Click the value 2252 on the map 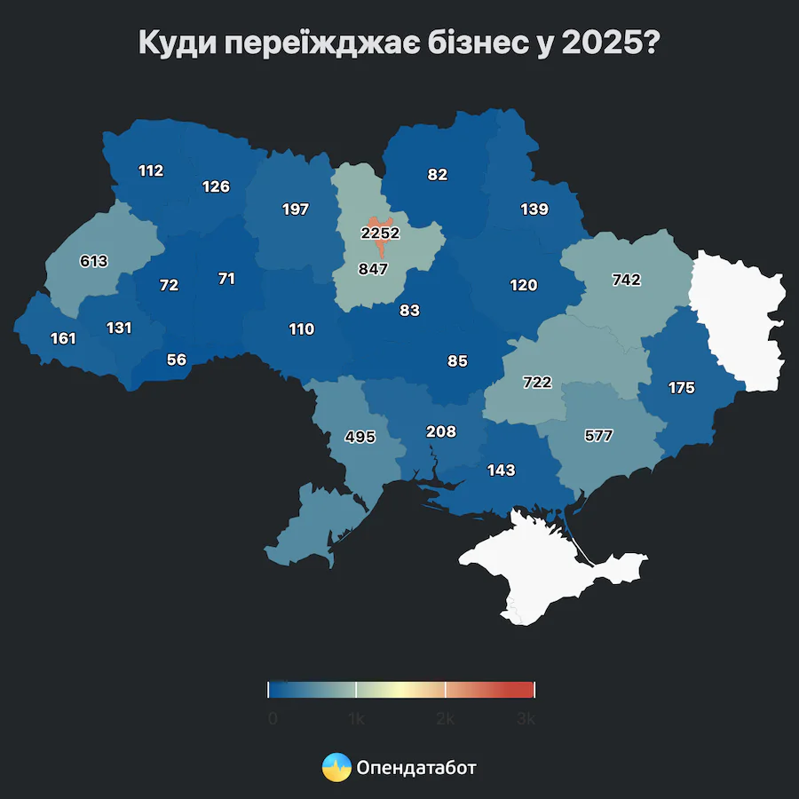coord(380,233)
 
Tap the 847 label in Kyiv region coord(373,269)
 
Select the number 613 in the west coord(93,261)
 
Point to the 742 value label coord(626,280)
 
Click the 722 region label coord(537,383)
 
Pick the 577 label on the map coord(598,436)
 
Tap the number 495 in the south coord(360,437)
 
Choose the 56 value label coord(177,360)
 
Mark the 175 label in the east coord(682,388)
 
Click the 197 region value coord(295,210)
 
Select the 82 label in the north coord(437,175)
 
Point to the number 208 coord(440,431)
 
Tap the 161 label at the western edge coord(63,338)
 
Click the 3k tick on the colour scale coord(526,719)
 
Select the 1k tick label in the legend coord(356,719)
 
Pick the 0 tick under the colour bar coord(273,719)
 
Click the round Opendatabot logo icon coord(336,767)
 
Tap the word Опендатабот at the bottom coord(416,767)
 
